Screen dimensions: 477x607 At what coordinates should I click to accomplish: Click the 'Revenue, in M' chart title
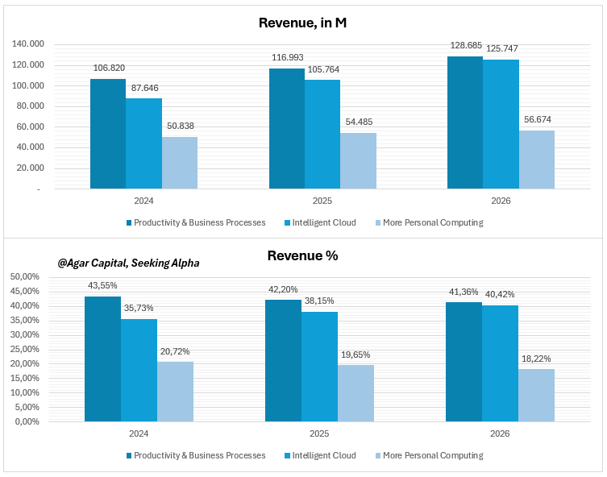tap(302, 23)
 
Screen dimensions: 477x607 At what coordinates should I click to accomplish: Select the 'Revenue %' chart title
tap(302, 256)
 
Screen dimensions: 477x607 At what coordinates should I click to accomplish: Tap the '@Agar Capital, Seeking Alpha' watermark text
tap(128, 263)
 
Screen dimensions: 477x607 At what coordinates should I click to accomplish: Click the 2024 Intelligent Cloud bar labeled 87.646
tap(143, 143)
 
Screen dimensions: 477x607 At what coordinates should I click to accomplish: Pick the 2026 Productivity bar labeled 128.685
tap(465, 122)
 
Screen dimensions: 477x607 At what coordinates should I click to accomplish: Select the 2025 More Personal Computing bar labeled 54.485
tap(358, 160)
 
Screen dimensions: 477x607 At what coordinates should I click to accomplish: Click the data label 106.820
tap(108, 68)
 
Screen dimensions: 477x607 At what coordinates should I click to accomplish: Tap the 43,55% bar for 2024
tap(102, 359)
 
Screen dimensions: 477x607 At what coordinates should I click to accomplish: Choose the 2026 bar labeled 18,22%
tap(536, 395)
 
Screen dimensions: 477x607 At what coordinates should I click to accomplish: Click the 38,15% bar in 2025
tap(319, 366)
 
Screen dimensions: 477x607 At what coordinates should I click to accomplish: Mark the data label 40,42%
tap(500, 296)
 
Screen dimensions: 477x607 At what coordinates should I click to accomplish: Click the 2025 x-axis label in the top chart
tap(322, 201)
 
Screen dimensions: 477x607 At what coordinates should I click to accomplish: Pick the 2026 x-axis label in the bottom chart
tap(500, 433)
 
